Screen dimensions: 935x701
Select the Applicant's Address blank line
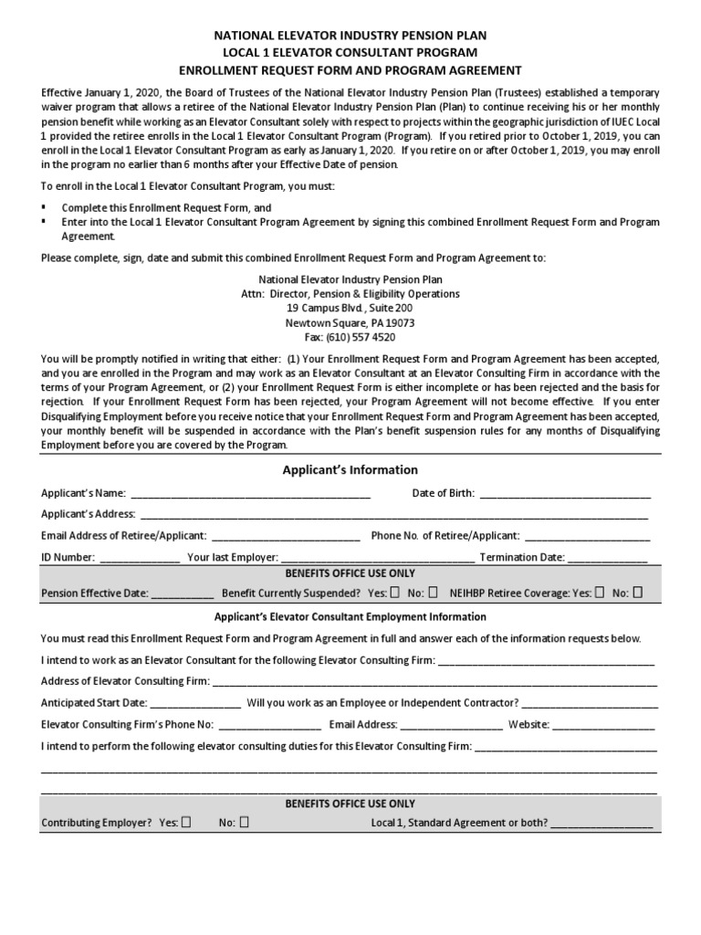coord(392,515)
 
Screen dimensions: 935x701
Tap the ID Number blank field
coord(139,557)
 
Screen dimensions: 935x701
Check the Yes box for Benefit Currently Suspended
coord(394,592)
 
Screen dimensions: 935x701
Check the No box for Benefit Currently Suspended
coord(433,592)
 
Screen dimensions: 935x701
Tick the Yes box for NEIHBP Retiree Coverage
coord(600,592)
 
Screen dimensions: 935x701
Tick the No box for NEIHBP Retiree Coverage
coord(637,592)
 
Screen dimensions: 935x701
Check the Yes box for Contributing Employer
coord(186,822)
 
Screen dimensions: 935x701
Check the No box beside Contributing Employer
coord(244,822)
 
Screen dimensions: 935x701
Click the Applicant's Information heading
coord(350,470)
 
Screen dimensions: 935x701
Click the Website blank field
coord(602,725)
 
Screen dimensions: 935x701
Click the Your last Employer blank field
coord(378,557)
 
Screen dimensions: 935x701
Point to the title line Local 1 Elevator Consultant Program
coord(350,53)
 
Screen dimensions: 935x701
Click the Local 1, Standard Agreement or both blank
coord(602,823)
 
